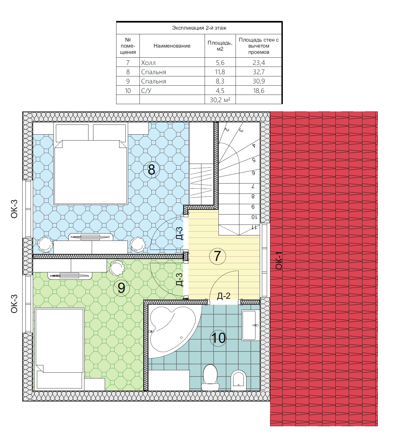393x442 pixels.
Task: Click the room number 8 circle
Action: [151, 170]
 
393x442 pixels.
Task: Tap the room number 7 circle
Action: [218, 256]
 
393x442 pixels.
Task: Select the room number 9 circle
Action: [121, 288]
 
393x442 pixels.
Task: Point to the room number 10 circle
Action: [218, 338]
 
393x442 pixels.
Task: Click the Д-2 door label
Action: [224, 296]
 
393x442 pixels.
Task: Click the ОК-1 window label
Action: [279, 261]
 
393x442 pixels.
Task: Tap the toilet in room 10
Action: [210, 377]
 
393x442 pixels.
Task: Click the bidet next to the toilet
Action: [239, 380]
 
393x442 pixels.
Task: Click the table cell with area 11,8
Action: [220, 72]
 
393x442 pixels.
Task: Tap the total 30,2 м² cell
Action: [220, 100]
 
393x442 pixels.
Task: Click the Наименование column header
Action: [172, 46]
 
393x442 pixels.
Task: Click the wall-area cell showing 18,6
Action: [259, 91]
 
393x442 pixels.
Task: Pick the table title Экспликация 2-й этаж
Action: [199, 28]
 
